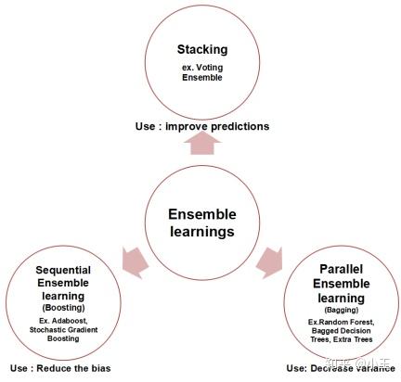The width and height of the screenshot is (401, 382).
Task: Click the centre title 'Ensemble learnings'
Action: (x=202, y=223)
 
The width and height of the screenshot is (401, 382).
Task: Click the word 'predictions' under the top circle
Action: (x=223, y=125)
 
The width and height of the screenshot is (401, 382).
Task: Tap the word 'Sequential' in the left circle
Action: (x=62, y=269)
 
